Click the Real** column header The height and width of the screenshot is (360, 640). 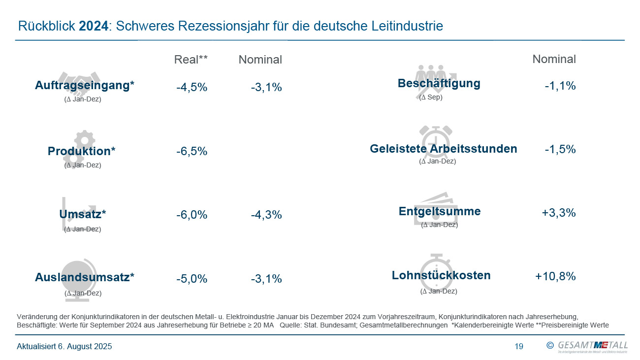coord(191,60)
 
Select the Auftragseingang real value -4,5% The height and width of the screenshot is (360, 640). coord(192,88)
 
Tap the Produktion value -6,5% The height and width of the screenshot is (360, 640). coord(192,151)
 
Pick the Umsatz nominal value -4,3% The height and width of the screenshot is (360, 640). coord(266,215)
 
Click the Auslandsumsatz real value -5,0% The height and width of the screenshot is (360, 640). coord(192,279)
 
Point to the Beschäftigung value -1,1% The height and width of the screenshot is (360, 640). coord(560,86)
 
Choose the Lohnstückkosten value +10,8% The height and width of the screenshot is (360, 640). coord(555,276)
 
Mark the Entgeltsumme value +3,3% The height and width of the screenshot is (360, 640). coord(559,213)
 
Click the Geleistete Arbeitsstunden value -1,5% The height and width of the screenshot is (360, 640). coord(560,149)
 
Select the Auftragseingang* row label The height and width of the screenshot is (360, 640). coord(85,86)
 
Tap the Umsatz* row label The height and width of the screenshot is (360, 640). coord(82,214)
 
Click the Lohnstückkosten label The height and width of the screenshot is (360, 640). coord(441,275)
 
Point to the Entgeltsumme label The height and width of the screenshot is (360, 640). coord(440,211)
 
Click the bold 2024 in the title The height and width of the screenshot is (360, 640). coord(93,26)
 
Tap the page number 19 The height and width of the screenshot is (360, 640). coord(519,346)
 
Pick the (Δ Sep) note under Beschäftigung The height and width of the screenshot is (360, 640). coord(431,97)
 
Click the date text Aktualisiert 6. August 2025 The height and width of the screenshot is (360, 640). coord(64,346)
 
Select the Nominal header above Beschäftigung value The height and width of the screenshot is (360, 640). coord(554,59)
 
